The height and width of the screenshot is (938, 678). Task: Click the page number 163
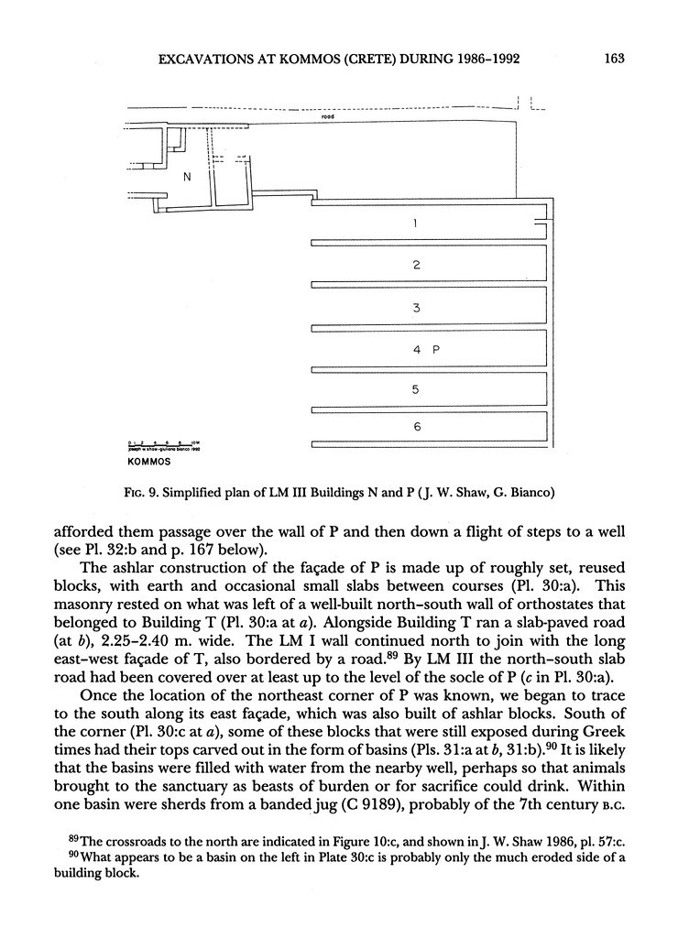pyautogui.click(x=614, y=60)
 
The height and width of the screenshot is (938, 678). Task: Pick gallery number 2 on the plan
pyautogui.click(x=416, y=265)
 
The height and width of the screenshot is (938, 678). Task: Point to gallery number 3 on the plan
pyautogui.click(x=416, y=308)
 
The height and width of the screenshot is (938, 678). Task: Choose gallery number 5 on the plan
pyautogui.click(x=416, y=390)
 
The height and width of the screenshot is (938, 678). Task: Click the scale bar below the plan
pyautogui.click(x=164, y=444)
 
